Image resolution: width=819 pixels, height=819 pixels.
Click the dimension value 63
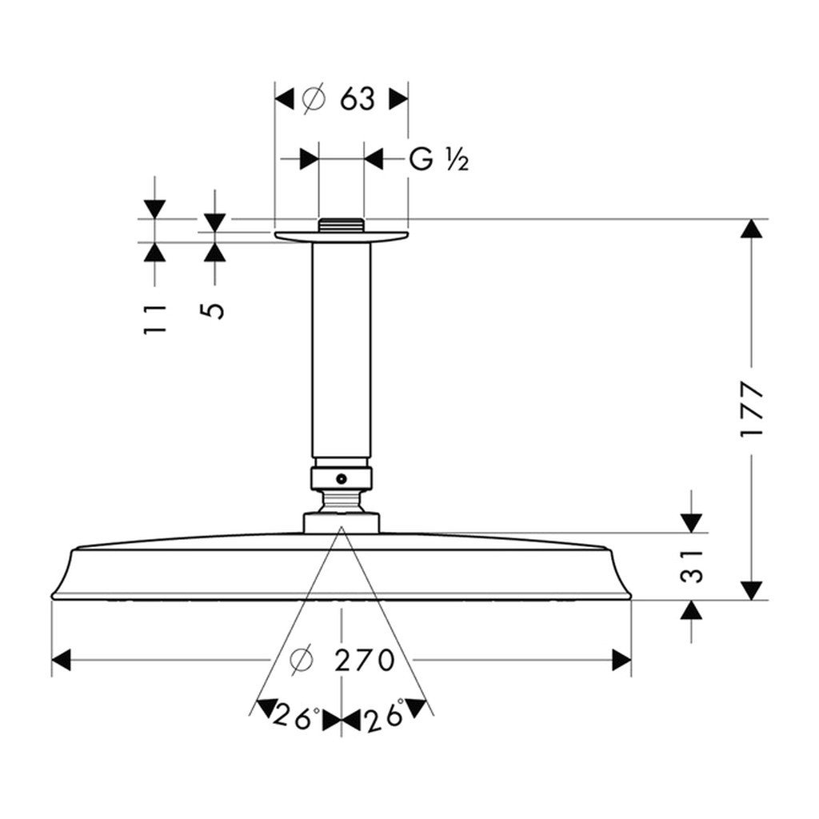click(x=357, y=99)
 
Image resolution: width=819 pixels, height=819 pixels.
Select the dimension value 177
click(x=752, y=409)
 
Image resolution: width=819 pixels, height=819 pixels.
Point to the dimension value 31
click(x=693, y=565)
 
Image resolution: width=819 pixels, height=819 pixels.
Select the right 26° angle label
click(x=386, y=717)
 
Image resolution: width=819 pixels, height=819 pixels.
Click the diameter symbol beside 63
click(x=314, y=99)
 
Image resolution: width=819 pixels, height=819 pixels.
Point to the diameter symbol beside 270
click(x=301, y=661)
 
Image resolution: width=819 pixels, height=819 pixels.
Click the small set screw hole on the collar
click(x=342, y=479)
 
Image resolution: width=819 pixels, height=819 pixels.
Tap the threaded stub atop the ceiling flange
click(x=342, y=225)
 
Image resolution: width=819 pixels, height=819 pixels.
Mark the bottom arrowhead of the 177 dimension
click(x=750, y=590)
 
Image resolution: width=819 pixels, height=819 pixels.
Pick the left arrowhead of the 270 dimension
click(x=62, y=661)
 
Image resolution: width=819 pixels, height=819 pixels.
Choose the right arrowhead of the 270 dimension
click(x=621, y=661)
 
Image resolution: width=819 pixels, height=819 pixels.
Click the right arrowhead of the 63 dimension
click(x=398, y=99)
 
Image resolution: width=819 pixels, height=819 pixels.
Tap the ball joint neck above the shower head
click(x=342, y=502)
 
